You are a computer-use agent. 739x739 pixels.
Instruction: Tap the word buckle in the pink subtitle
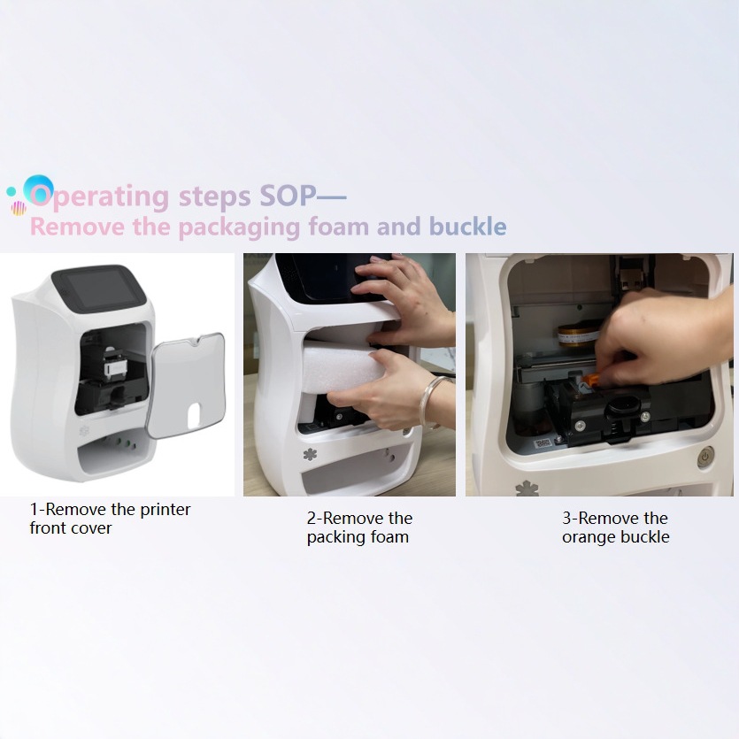pyautogui.click(x=468, y=227)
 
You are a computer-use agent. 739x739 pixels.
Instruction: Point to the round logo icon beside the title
pyautogui.click(x=38, y=189)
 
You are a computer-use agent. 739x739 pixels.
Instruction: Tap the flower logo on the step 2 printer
pyautogui.click(x=310, y=456)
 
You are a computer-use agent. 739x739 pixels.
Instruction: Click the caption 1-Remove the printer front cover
pyautogui.click(x=110, y=519)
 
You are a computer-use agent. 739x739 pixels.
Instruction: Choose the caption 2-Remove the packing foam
pyautogui.click(x=358, y=527)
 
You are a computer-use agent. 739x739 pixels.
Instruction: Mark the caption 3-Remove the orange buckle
pyautogui.click(x=616, y=527)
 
